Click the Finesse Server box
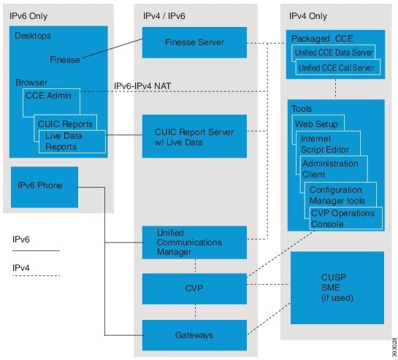point(194,42)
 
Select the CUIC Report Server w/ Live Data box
point(194,137)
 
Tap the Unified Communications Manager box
point(194,242)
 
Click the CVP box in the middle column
point(194,288)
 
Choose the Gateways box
point(194,335)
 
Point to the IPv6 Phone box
point(45,187)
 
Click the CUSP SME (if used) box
point(337,288)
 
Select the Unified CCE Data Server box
point(334,53)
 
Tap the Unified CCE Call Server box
point(338,67)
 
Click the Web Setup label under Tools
point(316,124)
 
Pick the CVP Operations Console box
point(346,218)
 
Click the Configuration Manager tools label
point(337,195)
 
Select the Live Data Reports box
point(72,142)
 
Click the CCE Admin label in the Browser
point(48,96)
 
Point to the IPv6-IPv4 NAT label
point(142,86)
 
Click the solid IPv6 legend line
point(36,251)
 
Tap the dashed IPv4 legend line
point(36,275)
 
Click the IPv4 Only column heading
point(308,16)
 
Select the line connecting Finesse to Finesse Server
point(112,48)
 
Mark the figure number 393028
point(394,348)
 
